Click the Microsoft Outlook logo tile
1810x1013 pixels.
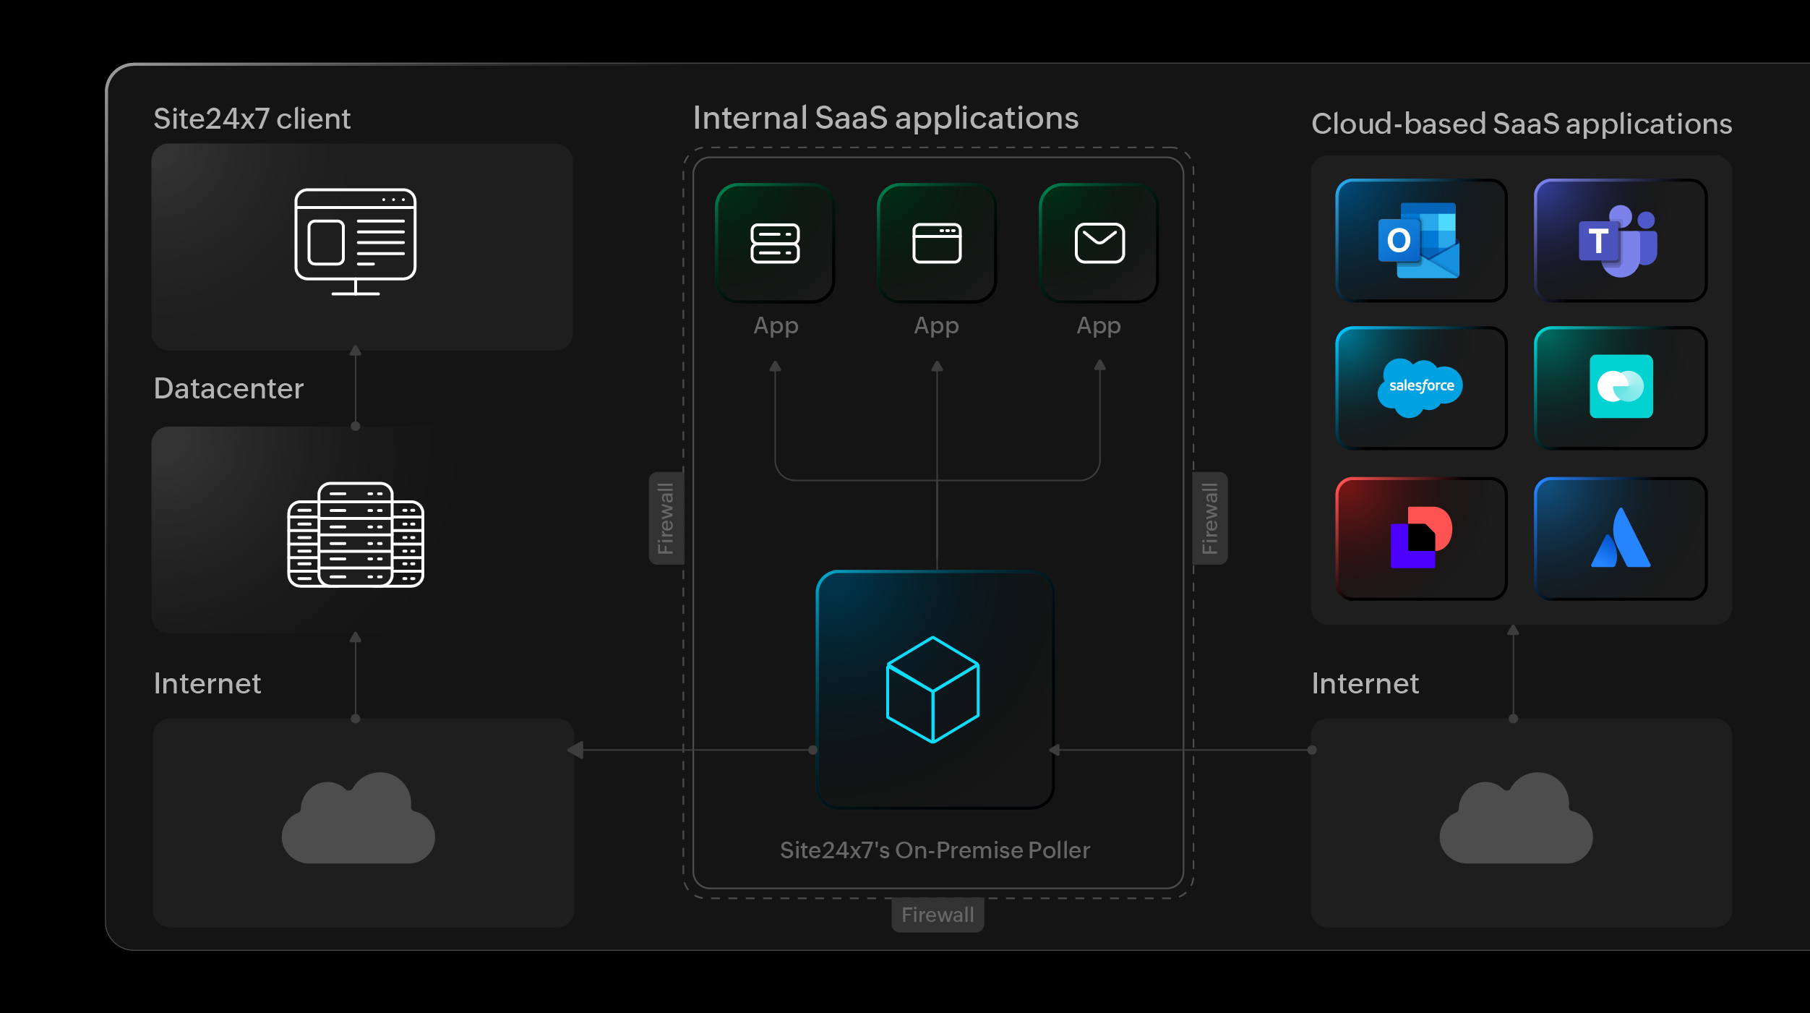coord(1420,241)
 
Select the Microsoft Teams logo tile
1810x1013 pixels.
coord(1619,241)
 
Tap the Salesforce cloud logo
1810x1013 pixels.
coord(1420,387)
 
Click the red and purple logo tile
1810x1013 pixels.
coord(1420,538)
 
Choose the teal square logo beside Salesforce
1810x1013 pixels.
coord(1621,387)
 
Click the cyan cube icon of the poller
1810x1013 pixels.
coord(932,689)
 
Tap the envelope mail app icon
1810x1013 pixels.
coord(1099,243)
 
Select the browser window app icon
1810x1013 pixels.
coord(937,243)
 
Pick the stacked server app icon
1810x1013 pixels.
coord(775,243)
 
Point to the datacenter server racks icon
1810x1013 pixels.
coord(355,534)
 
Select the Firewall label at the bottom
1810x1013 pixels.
coord(938,915)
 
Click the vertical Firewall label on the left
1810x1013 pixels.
coord(666,518)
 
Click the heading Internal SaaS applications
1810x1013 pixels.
coord(885,118)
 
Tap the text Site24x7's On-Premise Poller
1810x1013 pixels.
coord(934,850)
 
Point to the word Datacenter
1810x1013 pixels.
coord(228,389)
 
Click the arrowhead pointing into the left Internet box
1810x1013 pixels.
coord(575,750)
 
